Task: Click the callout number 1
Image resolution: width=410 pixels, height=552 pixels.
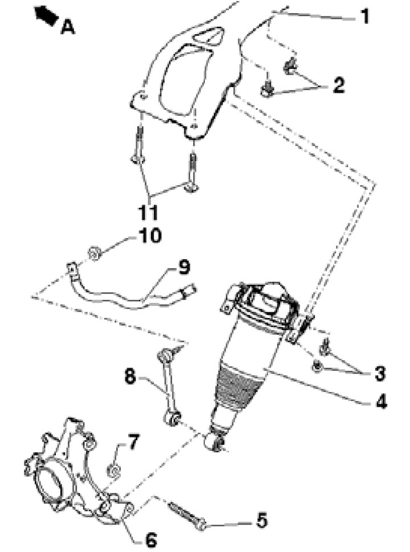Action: click(x=365, y=17)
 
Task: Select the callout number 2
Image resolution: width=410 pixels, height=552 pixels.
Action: click(x=339, y=85)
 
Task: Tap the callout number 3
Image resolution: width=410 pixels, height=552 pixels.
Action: click(x=379, y=373)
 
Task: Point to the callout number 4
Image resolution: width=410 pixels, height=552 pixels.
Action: click(x=381, y=402)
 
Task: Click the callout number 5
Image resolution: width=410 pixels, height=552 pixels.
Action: click(x=261, y=521)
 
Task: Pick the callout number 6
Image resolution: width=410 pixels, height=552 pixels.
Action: click(x=151, y=539)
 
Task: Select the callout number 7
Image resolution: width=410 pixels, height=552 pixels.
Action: click(x=133, y=442)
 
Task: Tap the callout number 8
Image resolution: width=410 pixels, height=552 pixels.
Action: click(x=130, y=377)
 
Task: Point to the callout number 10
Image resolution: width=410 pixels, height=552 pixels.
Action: click(x=150, y=235)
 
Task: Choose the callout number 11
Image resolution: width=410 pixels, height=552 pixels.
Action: click(x=148, y=212)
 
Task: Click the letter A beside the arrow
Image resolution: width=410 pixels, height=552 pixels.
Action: click(x=68, y=27)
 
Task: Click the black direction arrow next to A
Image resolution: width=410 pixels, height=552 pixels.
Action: click(x=46, y=15)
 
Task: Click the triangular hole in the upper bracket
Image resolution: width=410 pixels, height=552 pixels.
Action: click(x=209, y=35)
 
